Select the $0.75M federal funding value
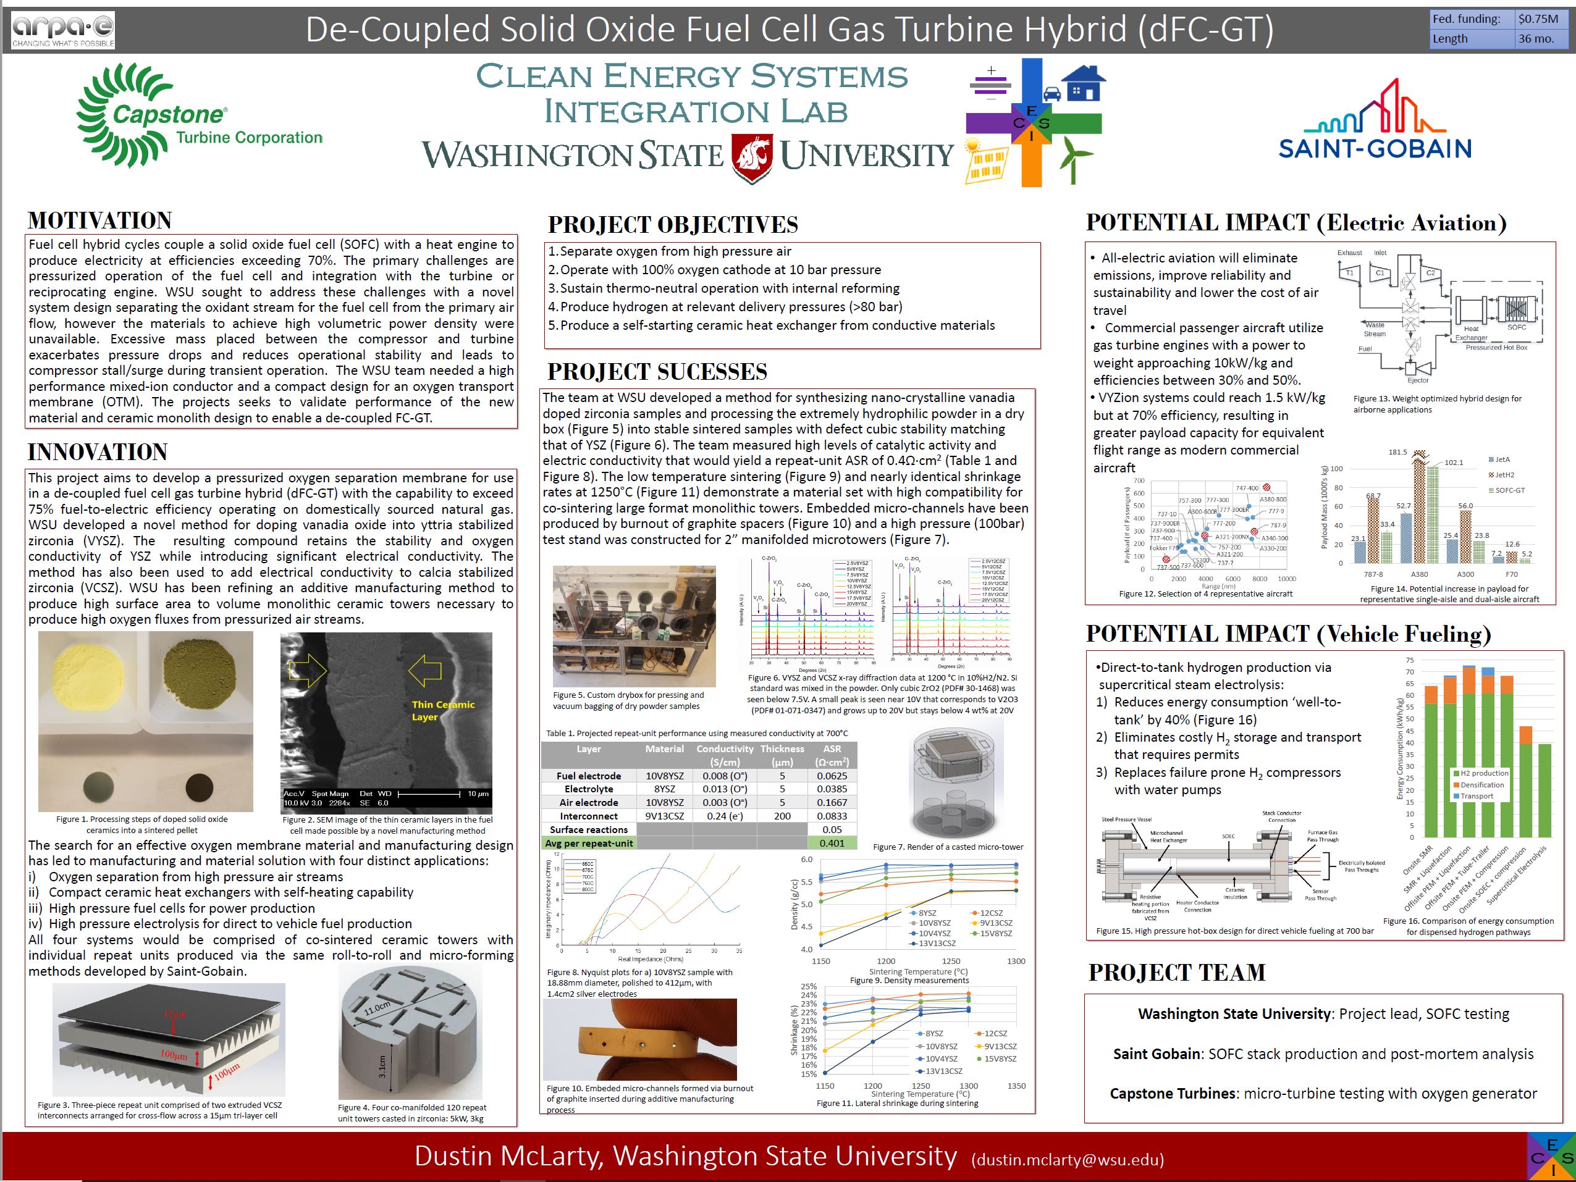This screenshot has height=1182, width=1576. pos(1538,19)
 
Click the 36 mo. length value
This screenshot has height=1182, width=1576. pos(1535,38)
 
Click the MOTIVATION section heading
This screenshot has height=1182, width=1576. pos(99,220)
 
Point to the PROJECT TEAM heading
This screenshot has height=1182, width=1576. pos(1176,972)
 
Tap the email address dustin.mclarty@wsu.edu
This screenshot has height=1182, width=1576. pos(1068,1159)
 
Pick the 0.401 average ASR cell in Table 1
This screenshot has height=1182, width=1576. pos(832,843)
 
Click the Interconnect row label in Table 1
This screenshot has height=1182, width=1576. pos(589,816)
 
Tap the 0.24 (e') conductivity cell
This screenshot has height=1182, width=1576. pos(725,816)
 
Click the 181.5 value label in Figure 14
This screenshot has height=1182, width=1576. pos(1397,452)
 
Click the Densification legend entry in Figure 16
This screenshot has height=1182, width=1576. pos(1481,785)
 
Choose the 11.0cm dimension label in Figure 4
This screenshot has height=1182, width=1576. pos(377,1009)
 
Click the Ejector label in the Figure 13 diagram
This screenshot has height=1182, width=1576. pos(1417,380)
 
